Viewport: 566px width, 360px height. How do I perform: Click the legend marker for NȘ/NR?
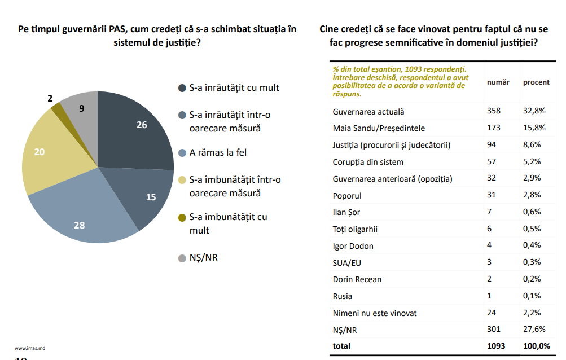pyautogui.click(x=182, y=258)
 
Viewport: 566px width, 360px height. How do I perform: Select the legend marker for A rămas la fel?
pyautogui.click(x=182, y=152)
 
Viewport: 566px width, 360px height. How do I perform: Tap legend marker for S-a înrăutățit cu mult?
pyautogui.click(x=182, y=87)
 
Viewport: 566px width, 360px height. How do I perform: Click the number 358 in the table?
pyautogui.click(x=493, y=111)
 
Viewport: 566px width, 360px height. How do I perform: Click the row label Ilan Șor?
pyautogui.click(x=348, y=212)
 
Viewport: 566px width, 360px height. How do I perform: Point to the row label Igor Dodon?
pyautogui.click(x=353, y=246)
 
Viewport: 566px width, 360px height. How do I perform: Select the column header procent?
pyautogui.click(x=536, y=82)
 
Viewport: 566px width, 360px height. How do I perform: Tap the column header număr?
pyautogui.click(x=498, y=82)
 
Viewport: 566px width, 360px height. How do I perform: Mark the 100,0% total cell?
pyautogui.click(x=536, y=346)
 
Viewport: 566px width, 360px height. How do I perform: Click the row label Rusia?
pyautogui.click(x=343, y=296)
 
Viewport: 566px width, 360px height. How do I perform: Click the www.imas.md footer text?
pyautogui.click(x=30, y=348)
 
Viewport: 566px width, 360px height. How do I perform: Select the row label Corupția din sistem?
pyautogui.click(x=368, y=162)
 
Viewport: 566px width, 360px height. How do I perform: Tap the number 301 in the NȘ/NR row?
pyautogui.click(x=493, y=330)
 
